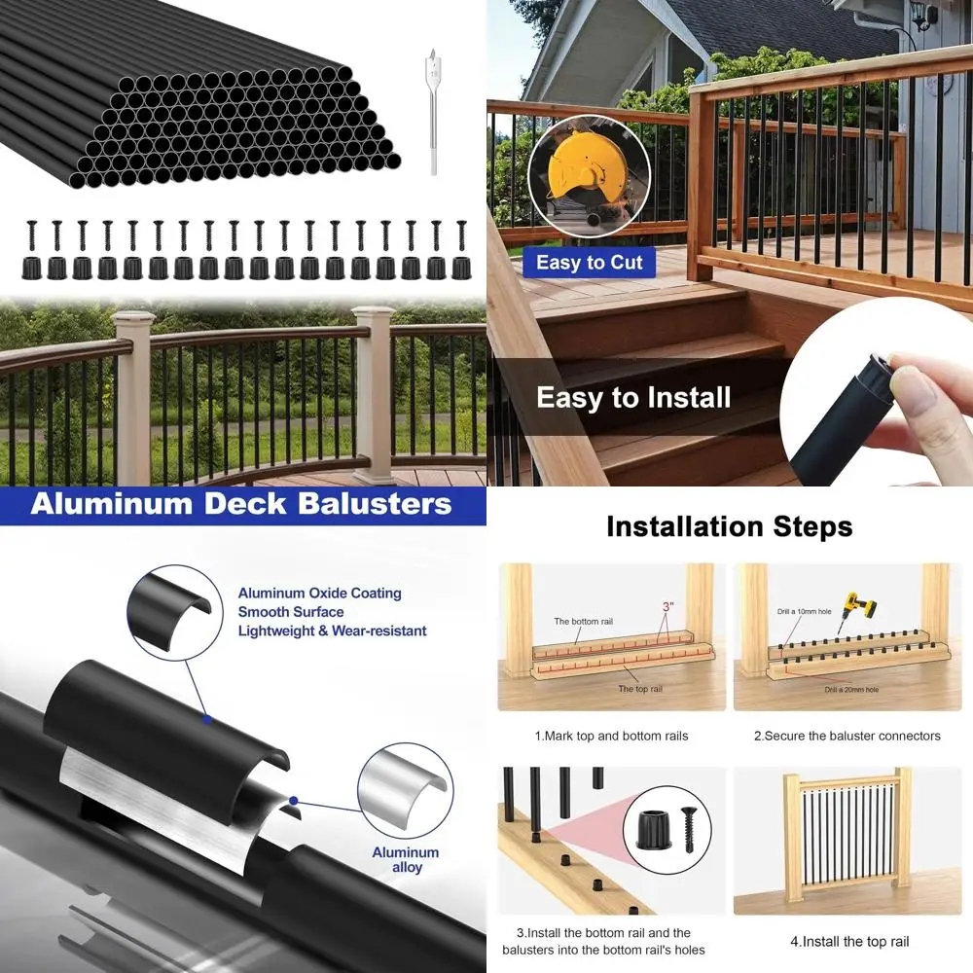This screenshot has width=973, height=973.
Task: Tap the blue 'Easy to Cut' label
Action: click(590, 263)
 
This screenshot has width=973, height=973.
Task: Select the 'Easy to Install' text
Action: click(633, 397)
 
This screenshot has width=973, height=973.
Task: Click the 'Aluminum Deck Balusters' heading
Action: click(241, 505)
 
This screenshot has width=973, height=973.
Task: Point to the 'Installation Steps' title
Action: click(729, 526)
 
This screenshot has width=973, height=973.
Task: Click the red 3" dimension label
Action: click(667, 606)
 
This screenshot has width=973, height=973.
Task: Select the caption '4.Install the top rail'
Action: click(849, 941)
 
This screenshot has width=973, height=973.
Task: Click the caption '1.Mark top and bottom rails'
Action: click(611, 736)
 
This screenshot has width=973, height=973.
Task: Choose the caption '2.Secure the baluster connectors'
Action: click(847, 736)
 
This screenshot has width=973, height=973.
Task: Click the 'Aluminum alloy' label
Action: click(406, 859)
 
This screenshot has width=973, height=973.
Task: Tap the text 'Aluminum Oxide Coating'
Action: click(319, 594)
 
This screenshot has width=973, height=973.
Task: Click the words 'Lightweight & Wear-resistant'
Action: click(332, 631)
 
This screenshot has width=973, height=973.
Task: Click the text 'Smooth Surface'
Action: click(291, 612)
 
